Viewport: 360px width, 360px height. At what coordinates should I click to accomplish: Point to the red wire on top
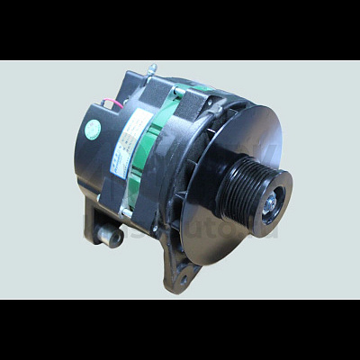[x=112, y=102]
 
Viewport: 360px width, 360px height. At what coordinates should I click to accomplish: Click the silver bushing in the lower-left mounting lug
[x=110, y=236]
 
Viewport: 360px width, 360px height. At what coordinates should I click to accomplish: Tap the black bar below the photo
[x=180, y=329]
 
